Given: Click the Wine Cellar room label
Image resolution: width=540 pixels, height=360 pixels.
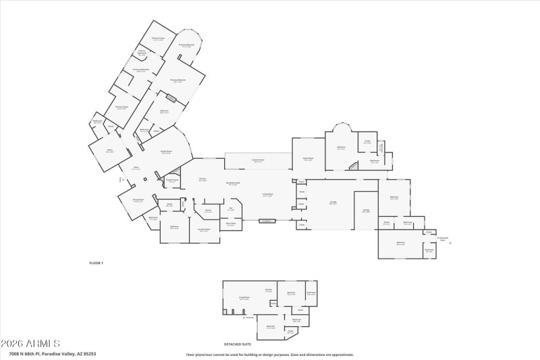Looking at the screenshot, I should pos(230,224).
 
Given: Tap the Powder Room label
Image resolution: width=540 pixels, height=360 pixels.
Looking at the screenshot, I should pos(173,180).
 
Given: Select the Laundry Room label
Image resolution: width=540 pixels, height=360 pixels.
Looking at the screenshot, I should pos(204,230).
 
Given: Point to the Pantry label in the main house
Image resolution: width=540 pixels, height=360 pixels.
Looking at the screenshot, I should pos(209,211).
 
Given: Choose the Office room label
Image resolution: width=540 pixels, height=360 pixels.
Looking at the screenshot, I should pos(109,151).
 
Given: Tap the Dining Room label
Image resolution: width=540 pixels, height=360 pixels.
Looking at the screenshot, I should pos(138,201).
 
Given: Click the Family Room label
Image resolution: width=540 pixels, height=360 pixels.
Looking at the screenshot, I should pos(165,152).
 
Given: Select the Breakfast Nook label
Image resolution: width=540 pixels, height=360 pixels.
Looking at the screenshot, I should pos(234,184).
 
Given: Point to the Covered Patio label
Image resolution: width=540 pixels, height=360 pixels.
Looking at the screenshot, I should pos(258,161).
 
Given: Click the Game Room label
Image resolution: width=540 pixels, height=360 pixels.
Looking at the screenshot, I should pos(308,159).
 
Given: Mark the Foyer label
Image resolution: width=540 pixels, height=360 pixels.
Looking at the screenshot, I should pos(136,168).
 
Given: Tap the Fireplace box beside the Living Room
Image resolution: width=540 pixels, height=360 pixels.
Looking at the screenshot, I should pos(266,220).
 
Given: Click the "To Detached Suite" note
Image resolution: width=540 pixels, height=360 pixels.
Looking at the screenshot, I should pos(442,238).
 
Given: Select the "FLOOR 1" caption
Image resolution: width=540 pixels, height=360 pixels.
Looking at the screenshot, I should pos(97,262).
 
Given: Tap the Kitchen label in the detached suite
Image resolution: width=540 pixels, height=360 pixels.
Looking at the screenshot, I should pos(269,290).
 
